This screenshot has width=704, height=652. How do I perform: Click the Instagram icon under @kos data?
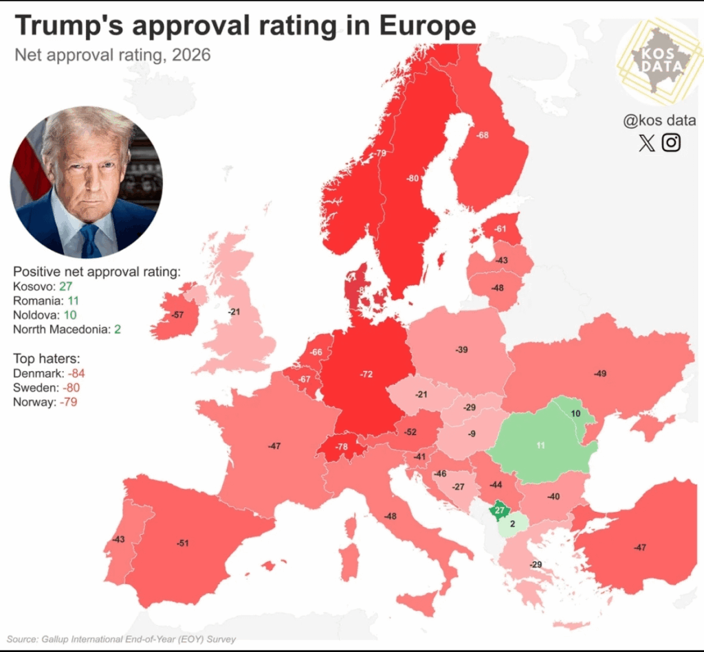pos(671,142)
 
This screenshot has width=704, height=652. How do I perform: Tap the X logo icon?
pos(646,143)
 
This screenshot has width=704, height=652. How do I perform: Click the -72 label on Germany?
pos(366,374)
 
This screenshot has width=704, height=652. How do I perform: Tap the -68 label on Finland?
pos(483,135)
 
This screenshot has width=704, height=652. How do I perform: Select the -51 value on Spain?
pos(182,543)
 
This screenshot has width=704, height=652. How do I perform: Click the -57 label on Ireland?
pos(177,315)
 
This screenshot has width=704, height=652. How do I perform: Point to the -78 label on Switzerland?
pos(342,447)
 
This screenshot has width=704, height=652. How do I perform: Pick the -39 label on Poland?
pos(461,350)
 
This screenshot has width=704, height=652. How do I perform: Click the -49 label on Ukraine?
pos(600,374)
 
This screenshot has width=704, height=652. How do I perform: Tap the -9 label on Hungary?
pos(471,434)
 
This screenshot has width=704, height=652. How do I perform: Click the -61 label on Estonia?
pos(500,229)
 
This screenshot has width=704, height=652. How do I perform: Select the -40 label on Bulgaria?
pos(553,496)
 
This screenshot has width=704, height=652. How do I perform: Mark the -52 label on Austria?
pos(410,432)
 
